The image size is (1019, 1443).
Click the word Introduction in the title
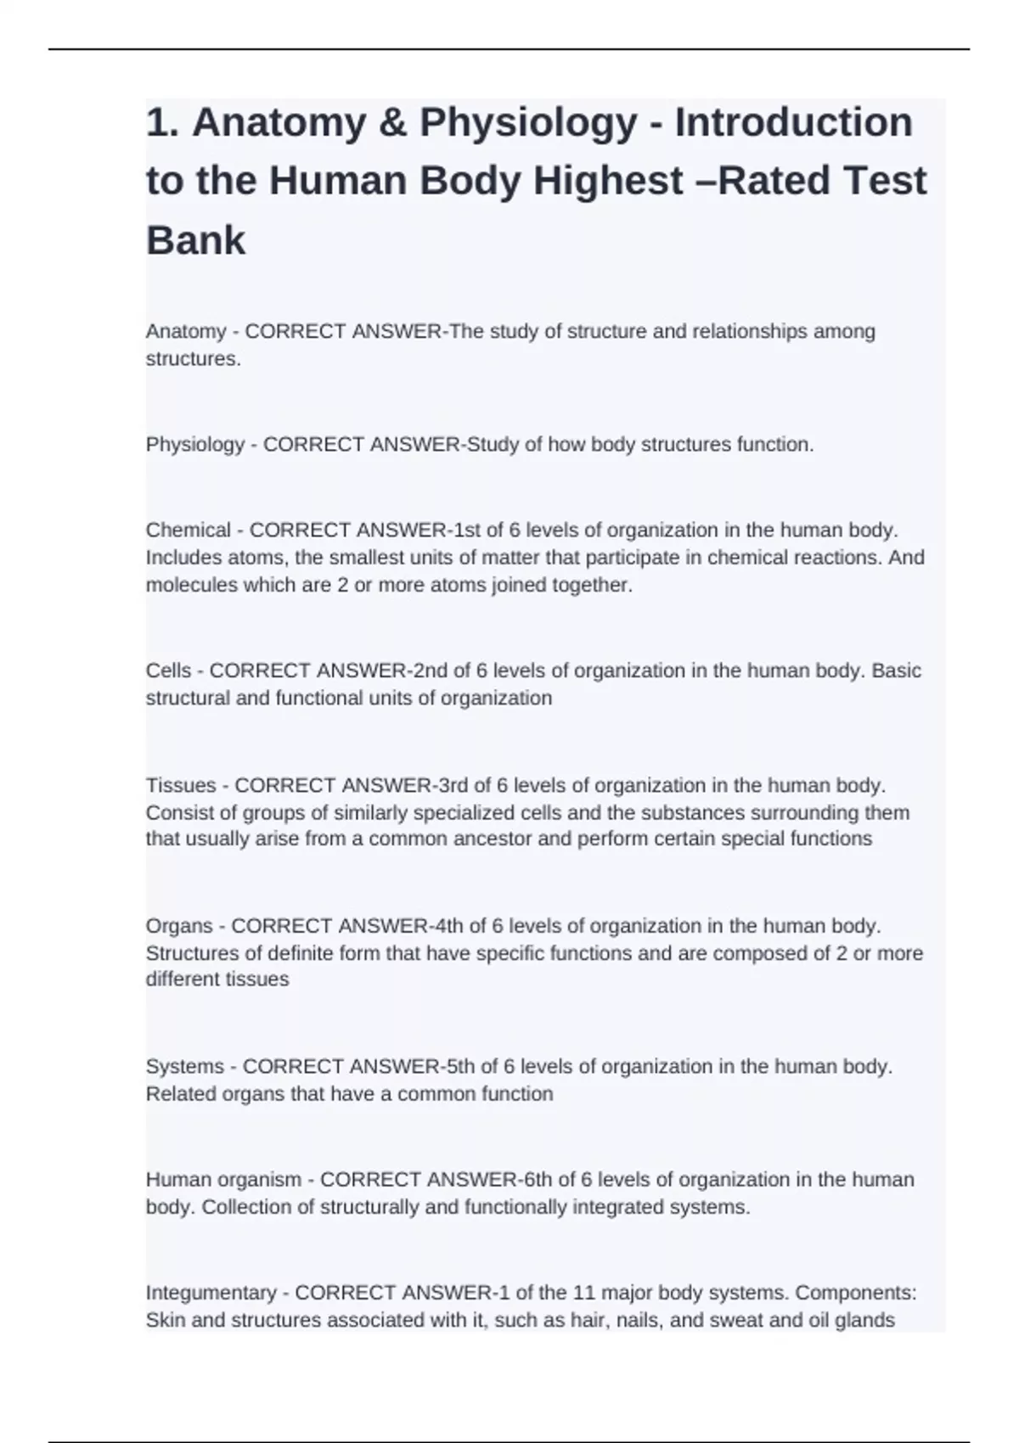click(x=794, y=122)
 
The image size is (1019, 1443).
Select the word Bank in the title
click(x=195, y=240)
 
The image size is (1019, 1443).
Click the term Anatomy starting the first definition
click(x=186, y=331)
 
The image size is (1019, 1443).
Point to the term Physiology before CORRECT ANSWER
click(x=195, y=445)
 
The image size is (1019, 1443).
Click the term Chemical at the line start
click(x=188, y=531)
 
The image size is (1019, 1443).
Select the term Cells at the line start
click(x=168, y=671)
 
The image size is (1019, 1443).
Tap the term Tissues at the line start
click(x=181, y=785)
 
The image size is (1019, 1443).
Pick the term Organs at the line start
click(x=179, y=925)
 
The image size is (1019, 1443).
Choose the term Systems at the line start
click(x=185, y=1066)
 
